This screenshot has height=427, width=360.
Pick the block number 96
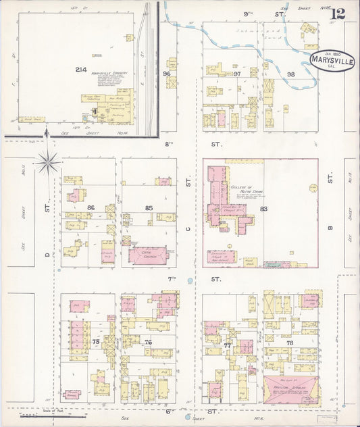(x=166, y=74)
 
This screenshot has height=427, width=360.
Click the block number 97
(x=237, y=74)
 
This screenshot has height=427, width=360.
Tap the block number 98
(x=291, y=74)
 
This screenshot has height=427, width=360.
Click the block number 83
(x=263, y=209)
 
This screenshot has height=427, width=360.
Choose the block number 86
(x=91, y=208)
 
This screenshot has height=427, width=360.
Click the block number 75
(x=96, y=343)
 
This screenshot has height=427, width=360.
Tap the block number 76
(x=147, y=343)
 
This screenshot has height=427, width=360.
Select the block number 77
(x=228, y=345)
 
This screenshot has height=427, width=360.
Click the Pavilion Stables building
(x=290, y=391)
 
